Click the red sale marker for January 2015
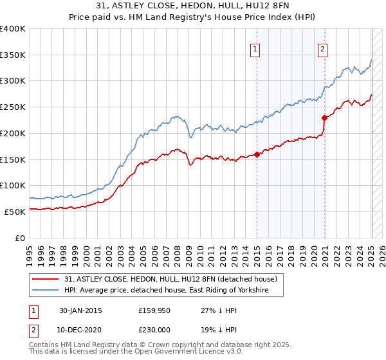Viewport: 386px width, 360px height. point(257,154)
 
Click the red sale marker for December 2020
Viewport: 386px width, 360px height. point(324,117)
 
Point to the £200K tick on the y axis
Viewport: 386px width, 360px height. point(13,133)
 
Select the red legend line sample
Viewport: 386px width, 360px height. point(46,279)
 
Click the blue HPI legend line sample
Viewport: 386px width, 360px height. point(46,291)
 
